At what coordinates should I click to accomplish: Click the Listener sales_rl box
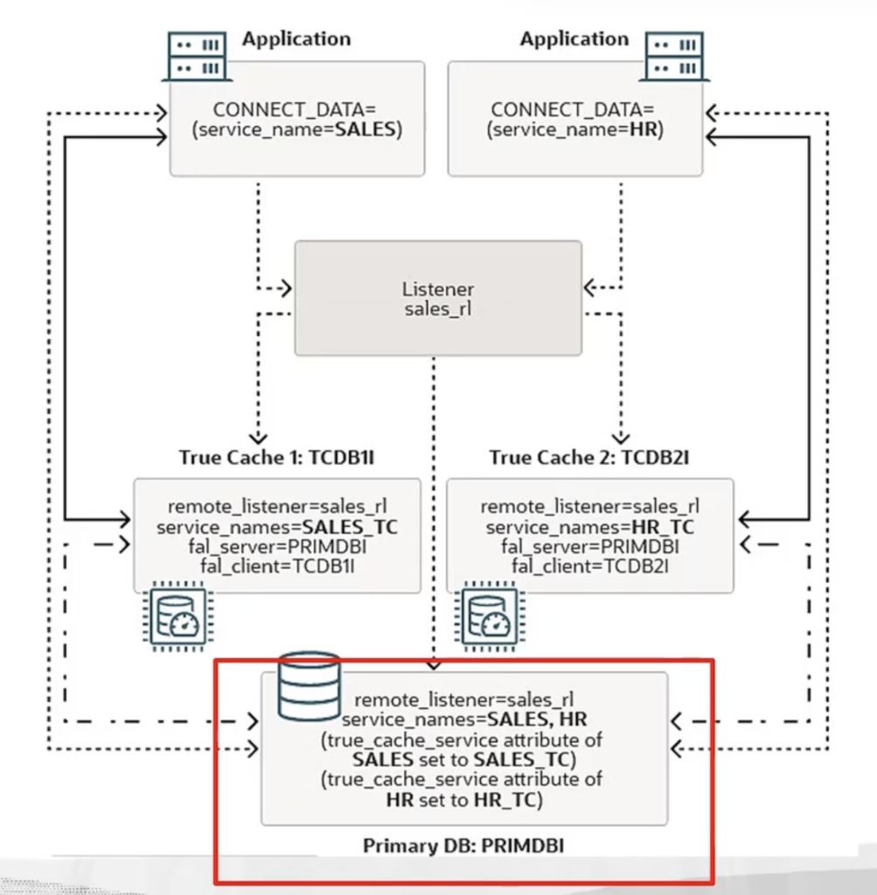(437, 298)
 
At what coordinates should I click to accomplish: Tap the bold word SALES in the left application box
(367, 130)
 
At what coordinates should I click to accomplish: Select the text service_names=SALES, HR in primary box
(464, 719)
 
